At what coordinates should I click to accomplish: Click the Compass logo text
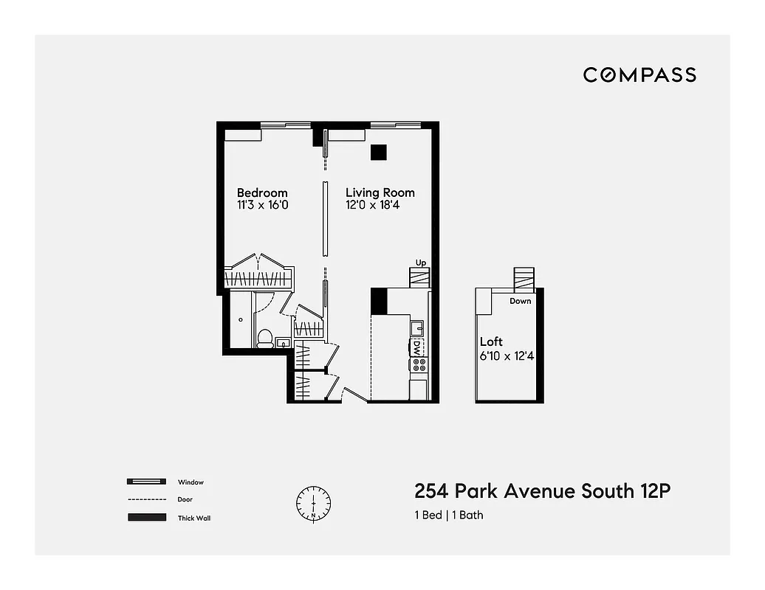[639, 74]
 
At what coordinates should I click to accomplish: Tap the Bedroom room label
[262, 193]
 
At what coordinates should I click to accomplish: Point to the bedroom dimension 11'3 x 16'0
[262, 206]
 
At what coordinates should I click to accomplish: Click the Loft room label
[491, 341]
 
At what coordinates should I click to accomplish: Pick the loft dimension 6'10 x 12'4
[508, 355]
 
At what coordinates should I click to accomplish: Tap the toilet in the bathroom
[264, 338]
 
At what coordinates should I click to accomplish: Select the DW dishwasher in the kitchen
[418, 347]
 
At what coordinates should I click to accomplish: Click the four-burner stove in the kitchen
[419, 364]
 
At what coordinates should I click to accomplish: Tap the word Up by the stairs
[421, 263]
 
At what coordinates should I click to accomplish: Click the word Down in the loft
[520, 301]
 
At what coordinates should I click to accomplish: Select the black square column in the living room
[379, 152]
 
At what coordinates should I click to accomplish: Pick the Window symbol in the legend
[145, 482]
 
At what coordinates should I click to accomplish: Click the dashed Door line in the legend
[145, 499]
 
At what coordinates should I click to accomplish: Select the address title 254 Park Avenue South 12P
[543, 491]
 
